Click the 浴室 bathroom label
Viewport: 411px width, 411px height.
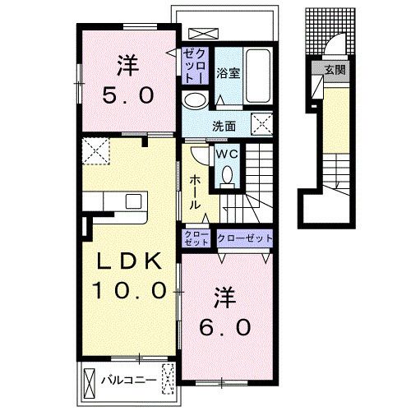click(228, 73)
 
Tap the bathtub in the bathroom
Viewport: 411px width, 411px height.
click(257, 76)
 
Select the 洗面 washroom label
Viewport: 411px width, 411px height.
click(224, 127)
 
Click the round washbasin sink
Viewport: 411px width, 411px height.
click(195, 100)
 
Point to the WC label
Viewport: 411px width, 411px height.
click(227, 155)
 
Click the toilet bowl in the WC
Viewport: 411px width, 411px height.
click(227, 175)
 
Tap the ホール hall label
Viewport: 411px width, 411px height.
click(195, 192)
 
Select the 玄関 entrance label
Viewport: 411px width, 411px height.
click(335, 70)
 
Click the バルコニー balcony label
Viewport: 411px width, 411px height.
click(129, 380)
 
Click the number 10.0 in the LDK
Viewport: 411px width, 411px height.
click(129, 290)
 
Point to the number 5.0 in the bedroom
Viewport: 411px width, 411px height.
click(128, 95)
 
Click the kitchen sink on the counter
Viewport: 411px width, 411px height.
click(133, 201)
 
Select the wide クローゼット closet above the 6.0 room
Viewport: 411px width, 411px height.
click(245, 238)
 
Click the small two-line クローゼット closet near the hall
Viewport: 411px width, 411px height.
click(196, 238)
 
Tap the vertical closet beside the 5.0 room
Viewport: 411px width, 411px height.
click(196, 66)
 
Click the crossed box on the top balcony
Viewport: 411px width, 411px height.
click(203, 34)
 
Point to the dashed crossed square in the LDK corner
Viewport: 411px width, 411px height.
click(96, 151)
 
